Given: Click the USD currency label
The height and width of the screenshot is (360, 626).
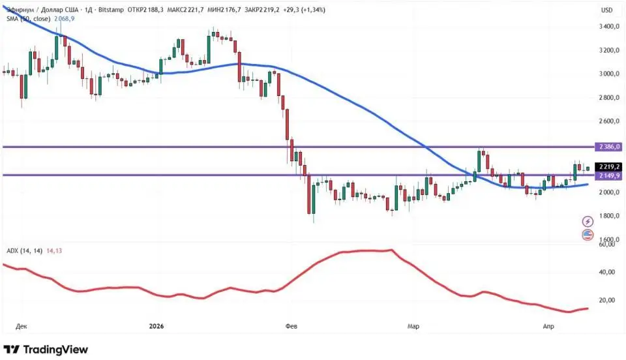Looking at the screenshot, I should coord(606,10).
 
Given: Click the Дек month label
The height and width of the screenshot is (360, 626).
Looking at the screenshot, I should coord(22,325).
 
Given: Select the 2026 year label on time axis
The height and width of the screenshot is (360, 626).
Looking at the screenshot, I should coord(156,325).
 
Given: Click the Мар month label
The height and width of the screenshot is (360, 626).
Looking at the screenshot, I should coord(413,325).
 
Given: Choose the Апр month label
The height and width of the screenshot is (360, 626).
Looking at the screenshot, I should coord(548,325).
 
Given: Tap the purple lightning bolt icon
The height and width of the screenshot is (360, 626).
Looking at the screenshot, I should coord(588,222).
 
